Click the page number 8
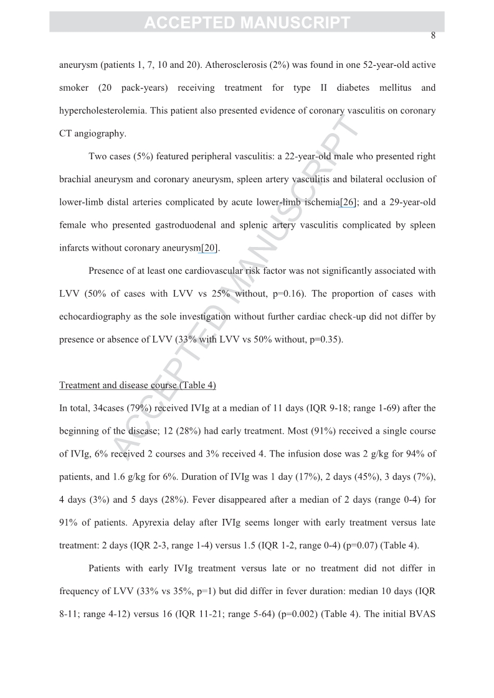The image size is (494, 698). [x=433, y=35]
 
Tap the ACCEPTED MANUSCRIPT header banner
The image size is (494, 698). [x=247, y=23]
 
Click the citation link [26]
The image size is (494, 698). [x=347, y=202]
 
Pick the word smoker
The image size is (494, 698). [x=74, y=88]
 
